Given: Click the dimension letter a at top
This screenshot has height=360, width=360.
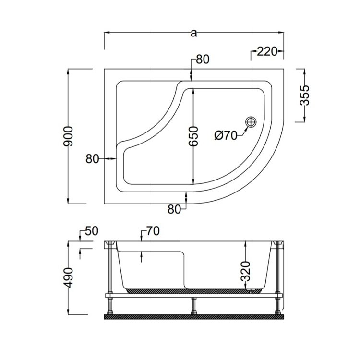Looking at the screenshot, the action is [x=194, y=33].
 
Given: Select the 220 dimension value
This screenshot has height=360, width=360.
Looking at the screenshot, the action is [x=267, y=51].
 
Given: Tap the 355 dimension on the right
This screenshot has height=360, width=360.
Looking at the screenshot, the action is [x=305, y=95].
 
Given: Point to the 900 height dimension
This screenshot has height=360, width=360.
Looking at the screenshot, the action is [x=68, y=136].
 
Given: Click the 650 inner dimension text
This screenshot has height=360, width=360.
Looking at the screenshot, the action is [x=193, y=136].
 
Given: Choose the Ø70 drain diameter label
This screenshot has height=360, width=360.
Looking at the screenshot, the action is [x=226, y=136].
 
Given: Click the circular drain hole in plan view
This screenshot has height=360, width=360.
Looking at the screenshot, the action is [x=251, y=121].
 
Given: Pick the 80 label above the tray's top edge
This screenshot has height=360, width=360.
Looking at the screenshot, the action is [x=203, y=59].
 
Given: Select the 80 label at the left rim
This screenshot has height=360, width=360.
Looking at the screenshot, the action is [x=92, y=159].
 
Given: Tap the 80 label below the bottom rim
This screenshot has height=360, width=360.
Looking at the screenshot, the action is [x=174, y=209].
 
